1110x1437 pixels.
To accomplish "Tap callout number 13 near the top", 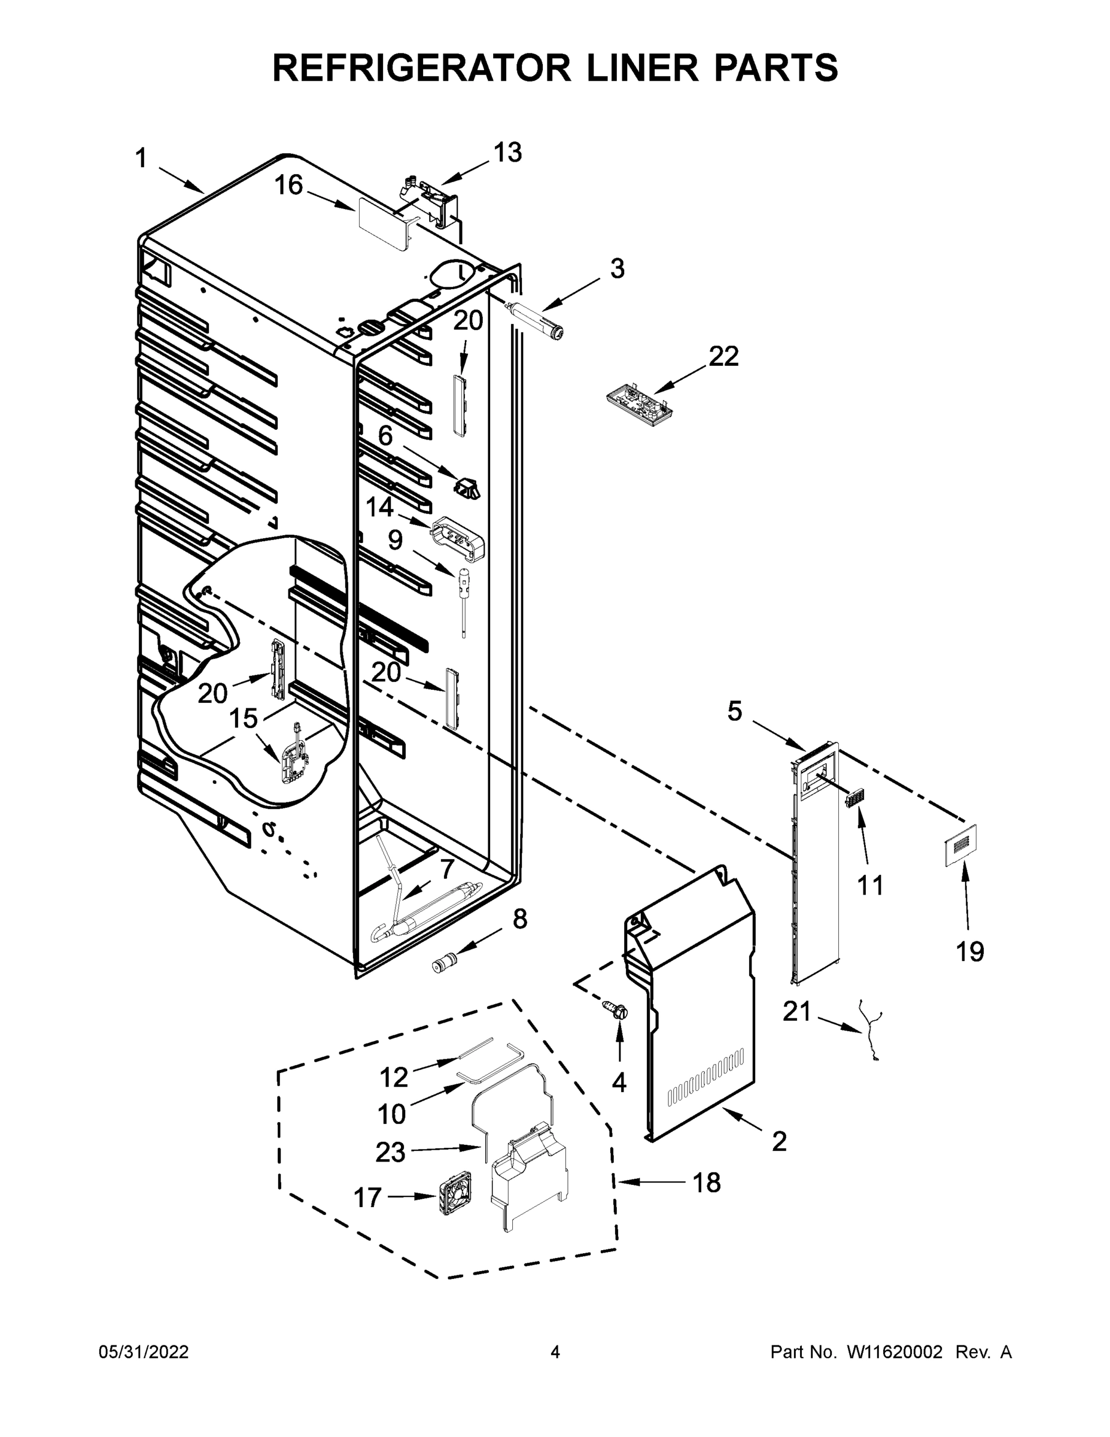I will (507, 152).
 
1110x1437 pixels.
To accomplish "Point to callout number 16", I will (288, 186).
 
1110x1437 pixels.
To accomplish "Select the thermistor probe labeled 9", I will (464, 592).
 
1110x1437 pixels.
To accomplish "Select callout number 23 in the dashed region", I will (390, 1152).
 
